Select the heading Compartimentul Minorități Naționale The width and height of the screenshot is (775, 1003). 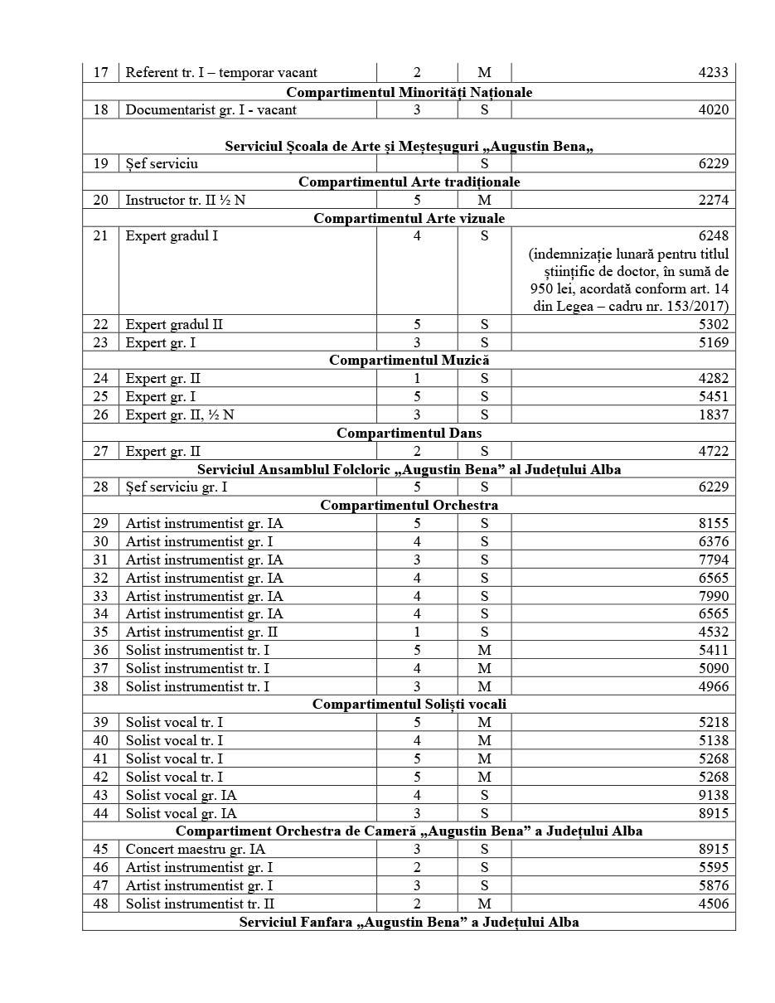point(409,92)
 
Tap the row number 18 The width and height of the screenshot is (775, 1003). point(101,109)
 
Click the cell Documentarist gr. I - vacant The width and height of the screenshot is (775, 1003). point(211,109)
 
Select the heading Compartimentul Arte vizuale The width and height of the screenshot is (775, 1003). point(409,218)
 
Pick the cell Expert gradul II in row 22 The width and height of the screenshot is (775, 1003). point(174,325)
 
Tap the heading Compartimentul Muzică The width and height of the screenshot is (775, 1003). point(409,361)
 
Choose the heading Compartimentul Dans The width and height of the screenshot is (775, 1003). point(409,433)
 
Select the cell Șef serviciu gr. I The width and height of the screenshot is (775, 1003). point(176,487)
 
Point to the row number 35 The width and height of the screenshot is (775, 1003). point(101,632)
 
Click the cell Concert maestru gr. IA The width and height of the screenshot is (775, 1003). point(195,850)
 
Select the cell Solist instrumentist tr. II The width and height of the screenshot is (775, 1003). point(200,904)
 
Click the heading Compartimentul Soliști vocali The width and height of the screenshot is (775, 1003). point(409,705)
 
